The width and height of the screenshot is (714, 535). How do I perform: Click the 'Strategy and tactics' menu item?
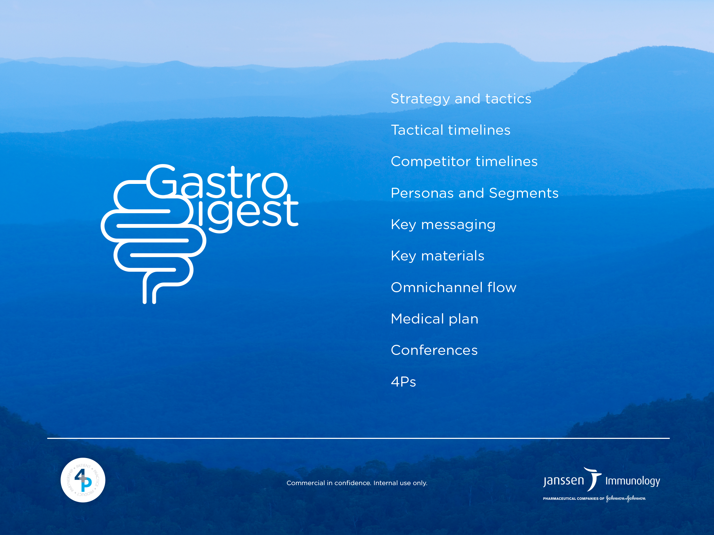click(x=461, y=99)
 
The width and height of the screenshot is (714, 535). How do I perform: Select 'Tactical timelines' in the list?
click(x=450, y=130)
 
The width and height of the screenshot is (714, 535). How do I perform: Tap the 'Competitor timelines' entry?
click(x=464, y=162)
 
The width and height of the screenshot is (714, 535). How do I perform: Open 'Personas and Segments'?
click(x=474, y=193)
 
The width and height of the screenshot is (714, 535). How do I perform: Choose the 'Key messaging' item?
click(x=443, y=225)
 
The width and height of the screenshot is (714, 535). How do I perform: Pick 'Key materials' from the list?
click(x=438, y=256)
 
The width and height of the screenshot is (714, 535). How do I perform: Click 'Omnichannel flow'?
click(x=454, y=287)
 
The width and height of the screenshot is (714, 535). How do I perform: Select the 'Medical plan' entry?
click(x=434, y=319)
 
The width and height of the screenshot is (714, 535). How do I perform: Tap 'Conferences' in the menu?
click(x=434, y=350)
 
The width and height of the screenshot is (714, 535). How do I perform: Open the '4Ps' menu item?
click(x=403, y=382)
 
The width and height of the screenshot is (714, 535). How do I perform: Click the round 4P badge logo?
click(x=83, y=480)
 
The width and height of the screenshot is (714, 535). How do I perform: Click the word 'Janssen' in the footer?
click(x=563, y=481)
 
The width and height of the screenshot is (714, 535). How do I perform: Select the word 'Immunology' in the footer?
click(x=632, y=481)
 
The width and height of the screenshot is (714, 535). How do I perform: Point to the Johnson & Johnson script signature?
click(x=626, y=498)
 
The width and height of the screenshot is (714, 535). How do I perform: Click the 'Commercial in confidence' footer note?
click(x=357, y=483)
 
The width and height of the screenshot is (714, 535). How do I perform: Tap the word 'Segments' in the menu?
click(x=524, y=193)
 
